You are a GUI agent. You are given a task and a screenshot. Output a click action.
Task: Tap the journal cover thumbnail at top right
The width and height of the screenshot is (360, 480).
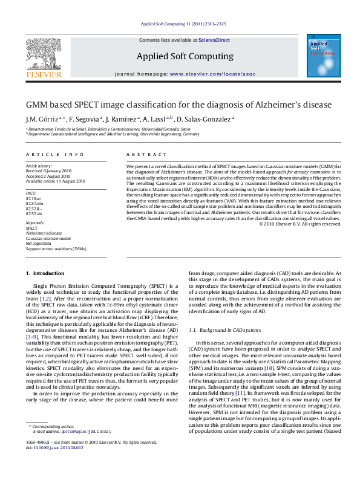click(321, 55)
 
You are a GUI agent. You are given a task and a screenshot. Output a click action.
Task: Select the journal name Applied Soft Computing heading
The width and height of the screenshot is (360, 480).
click(185, 56)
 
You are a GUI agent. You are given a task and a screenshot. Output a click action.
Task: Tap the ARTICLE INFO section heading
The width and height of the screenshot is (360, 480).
click(55, 155)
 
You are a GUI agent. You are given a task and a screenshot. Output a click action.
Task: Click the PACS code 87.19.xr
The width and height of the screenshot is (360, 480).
click(34, 198)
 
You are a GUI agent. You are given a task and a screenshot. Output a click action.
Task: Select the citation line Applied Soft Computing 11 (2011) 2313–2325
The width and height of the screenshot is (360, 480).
click(183, 24)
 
